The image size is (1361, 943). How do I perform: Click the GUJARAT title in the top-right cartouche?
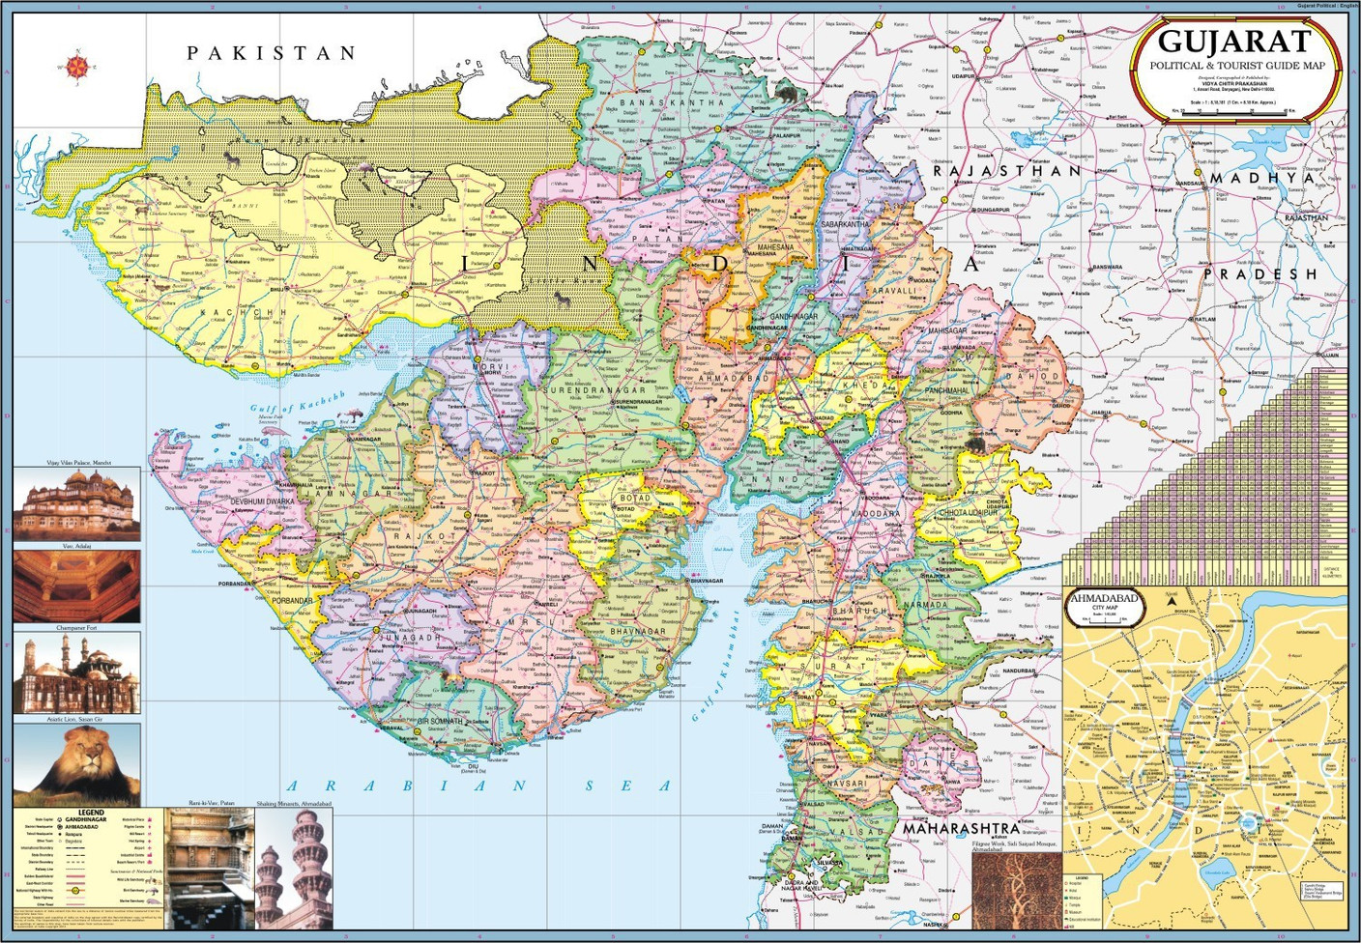pos(1234,42)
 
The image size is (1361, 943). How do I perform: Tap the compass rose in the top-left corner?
pos(78,67)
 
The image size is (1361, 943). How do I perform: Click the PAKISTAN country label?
pos(272,53)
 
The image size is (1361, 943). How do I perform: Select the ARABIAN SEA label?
pos(479,786)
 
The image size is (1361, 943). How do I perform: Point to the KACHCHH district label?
pos(250,313)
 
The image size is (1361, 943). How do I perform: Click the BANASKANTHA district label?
pos(671,102)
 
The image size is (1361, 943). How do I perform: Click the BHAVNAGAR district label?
pos(637,631)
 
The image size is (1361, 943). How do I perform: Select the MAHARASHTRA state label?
pos(961,828)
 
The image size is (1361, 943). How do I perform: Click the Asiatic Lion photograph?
pos(76,764)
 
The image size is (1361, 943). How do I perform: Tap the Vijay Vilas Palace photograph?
pos(76,505)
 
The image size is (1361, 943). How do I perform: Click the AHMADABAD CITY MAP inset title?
pos(1104,599)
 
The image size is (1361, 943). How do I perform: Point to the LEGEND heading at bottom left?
pos(91,813)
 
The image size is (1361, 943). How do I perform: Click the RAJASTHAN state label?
pos(1005,171)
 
